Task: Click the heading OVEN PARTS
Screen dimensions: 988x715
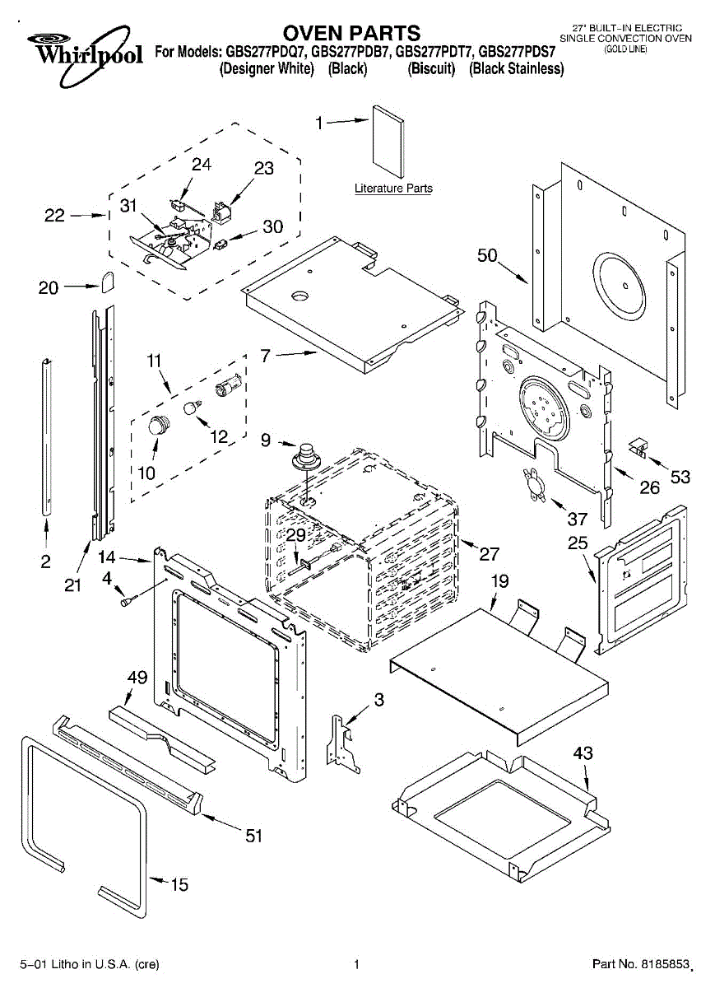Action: click(351, 33)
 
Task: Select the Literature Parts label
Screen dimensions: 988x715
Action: click(393, 189)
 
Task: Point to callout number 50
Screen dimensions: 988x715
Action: click(488, 256)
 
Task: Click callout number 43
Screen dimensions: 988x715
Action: click(583, 753)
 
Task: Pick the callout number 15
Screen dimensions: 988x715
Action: click(179, 885)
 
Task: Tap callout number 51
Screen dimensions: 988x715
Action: click(254, 836)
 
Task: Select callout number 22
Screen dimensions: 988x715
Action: click(54, 217)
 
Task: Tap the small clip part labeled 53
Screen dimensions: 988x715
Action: click(636, 446)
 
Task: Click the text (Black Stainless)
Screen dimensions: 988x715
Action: click(517, 69)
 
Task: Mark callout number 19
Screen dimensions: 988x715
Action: click(500, 582)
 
